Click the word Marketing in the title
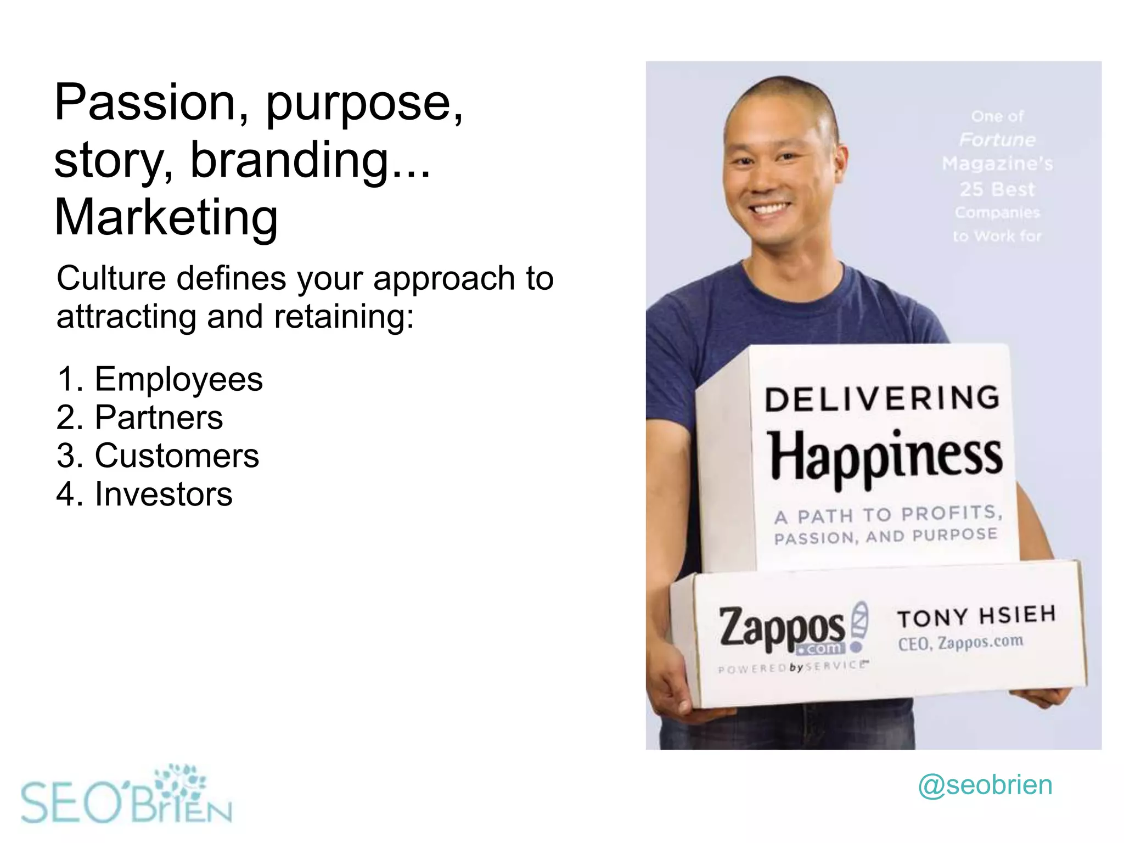click(166, 218)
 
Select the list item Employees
click(178, 379)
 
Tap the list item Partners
click(159, 417)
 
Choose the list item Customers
click(176, 456)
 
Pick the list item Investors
click(163, 494)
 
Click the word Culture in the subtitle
click(111, 278)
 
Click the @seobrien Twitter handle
click(985, 785)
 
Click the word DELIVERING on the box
click(882, 399)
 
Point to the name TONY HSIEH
click(976, 616)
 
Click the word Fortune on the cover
click(997, 140)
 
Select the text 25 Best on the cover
click(997, 189)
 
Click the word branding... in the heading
click(310, 160)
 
